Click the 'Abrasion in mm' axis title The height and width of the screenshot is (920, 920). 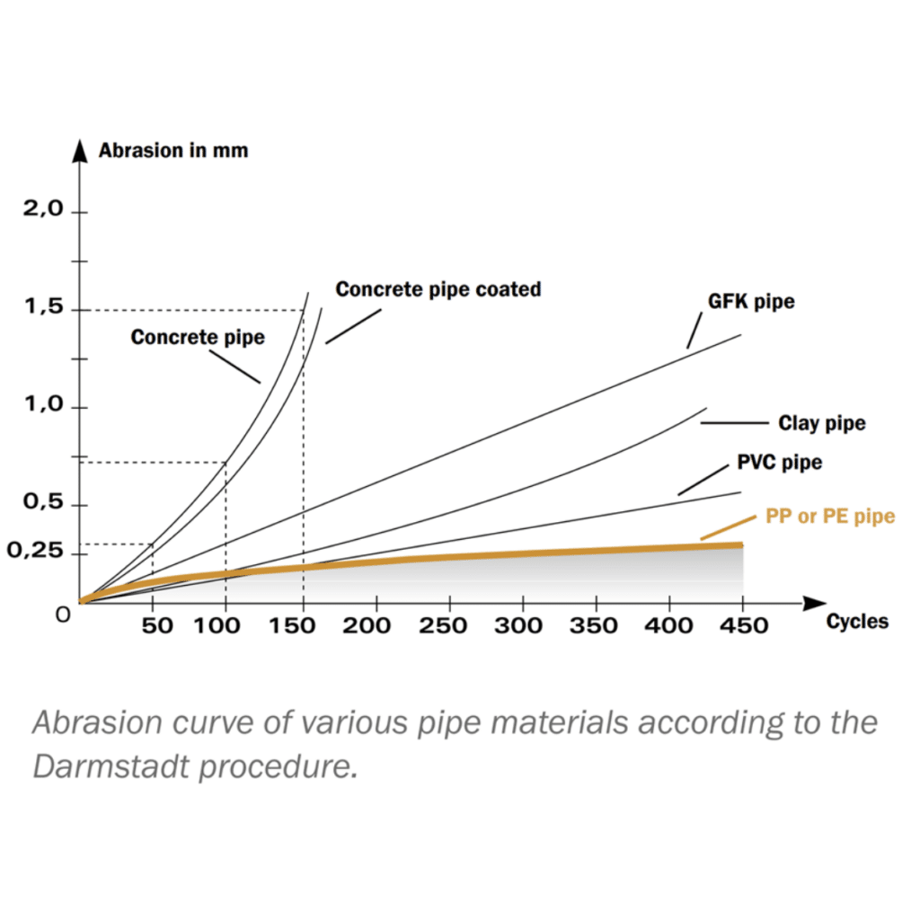coord(173,150)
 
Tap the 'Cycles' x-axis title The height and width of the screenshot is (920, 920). coord(857,621)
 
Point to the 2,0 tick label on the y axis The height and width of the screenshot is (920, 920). coord(44,209)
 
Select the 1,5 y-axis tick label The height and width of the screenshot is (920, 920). coord(44,308)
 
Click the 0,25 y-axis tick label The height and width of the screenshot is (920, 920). coord(36,551)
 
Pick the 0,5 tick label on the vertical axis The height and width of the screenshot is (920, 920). coord(44,503)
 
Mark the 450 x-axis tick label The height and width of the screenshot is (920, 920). coord(742,625)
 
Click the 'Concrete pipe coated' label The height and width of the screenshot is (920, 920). coord(438,289)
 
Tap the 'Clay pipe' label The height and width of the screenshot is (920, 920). coord(822,423)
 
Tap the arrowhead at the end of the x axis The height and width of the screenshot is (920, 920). coord(813,601)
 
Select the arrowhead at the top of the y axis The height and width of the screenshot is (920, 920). coord(80,146)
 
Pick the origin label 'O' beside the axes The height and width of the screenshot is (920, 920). coord(62,618)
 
